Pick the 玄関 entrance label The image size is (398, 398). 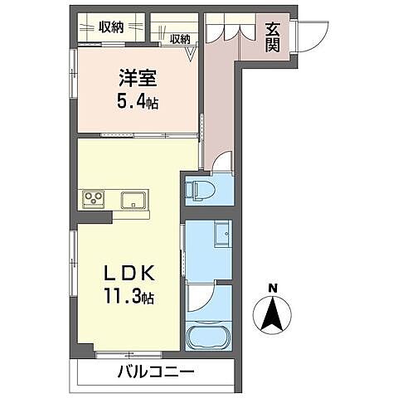273,36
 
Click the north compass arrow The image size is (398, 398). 273,316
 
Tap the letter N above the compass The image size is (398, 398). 273,289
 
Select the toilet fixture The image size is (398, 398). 197,189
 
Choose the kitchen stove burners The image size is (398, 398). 92,199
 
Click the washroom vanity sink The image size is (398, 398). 221,235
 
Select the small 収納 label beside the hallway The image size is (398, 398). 180,38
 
